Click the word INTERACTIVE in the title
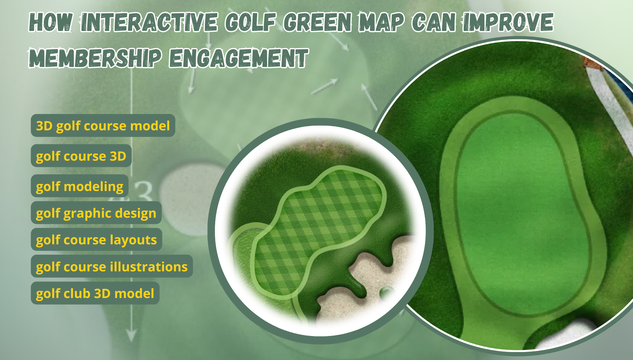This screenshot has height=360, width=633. click(x=149, y=22)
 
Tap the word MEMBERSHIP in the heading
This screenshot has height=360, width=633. click(x=95, y=58)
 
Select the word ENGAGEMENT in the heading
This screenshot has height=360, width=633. click(x=239, y=58)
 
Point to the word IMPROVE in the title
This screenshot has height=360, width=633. click(x=508, y=22)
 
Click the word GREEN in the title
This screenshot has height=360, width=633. click(x=318, y=22)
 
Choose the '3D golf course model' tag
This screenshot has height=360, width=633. click(x=103, y=126)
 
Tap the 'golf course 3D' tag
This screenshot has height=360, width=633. click(x=81, y=156)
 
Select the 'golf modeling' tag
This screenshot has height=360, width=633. click(x=80, y=186)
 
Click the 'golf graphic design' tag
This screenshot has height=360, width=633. click(x=96, y=213)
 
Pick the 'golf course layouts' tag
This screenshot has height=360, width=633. click(x=97, y=240)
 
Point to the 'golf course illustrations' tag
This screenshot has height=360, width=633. click(x=112, y=266)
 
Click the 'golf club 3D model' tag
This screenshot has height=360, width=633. click(x=95, y=293)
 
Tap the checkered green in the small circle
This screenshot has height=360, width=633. click(x=316, y=227)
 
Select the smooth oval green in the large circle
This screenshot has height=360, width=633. click(x=520, y=213)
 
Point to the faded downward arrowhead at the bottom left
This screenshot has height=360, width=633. click(x=132, y=335)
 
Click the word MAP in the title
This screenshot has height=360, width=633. click(x=381, y=22)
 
